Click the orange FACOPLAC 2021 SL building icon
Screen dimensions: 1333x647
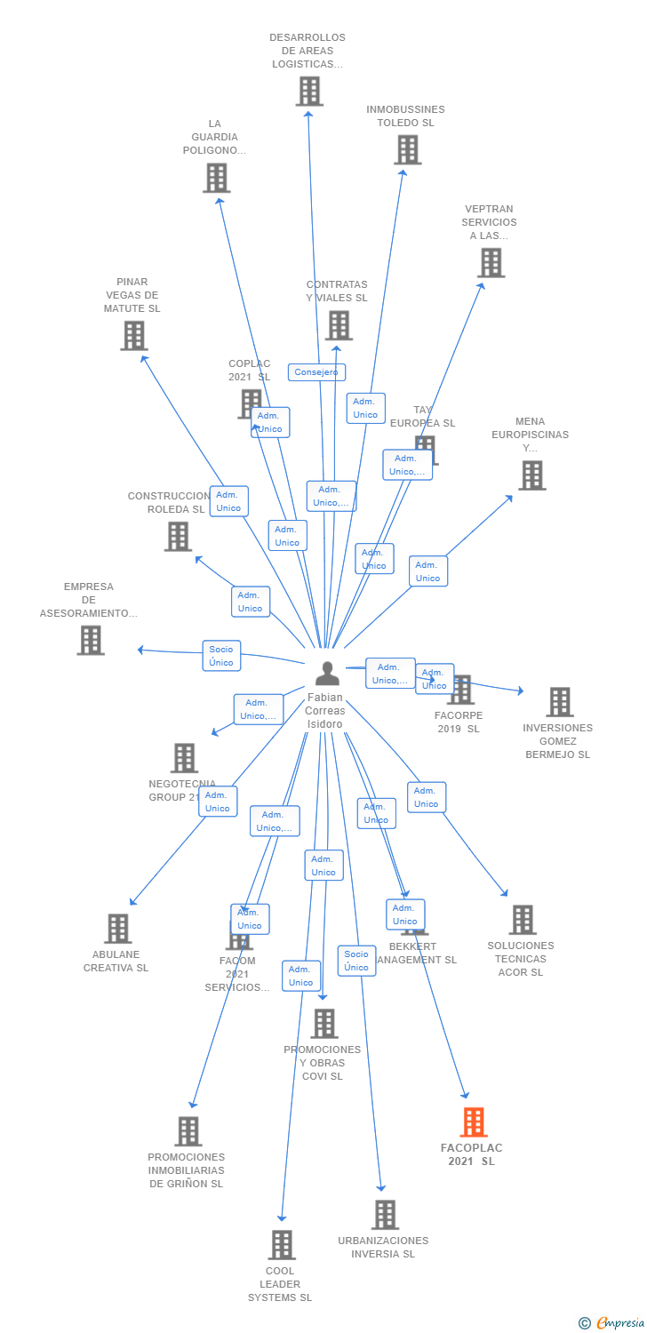click(474, 1122)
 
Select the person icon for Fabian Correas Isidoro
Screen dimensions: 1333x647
click(327, 674)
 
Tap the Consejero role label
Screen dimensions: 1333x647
click(316, 372)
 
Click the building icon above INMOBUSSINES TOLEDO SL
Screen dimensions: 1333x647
click(407, 149)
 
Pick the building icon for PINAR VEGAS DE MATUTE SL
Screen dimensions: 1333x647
click(133, 335)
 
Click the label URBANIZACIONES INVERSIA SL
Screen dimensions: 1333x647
click(383, 1247)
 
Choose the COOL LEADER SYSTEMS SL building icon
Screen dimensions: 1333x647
click(282, 1244)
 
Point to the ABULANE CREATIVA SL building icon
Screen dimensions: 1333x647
click(117, 928)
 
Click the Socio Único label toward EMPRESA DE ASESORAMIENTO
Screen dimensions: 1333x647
click(221, 656)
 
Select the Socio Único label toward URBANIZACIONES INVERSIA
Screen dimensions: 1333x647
click(356, 961)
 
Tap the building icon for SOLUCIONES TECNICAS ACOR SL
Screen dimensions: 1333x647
click(523, 920)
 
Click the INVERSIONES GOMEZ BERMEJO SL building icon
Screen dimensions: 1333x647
click(559, 702)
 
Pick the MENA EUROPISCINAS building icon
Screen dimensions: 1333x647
click(531, 475)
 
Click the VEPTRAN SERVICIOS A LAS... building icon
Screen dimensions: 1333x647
click(491, 262)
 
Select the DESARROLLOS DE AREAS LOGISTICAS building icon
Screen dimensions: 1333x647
click(308, 91)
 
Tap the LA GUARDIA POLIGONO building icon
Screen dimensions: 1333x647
click(216, 178)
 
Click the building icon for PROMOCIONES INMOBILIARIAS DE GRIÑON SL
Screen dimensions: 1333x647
click(188, 1131)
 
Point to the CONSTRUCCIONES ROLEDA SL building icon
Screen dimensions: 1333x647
click(178, 536)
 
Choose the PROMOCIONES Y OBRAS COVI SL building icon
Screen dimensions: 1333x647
click(323, 1023)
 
